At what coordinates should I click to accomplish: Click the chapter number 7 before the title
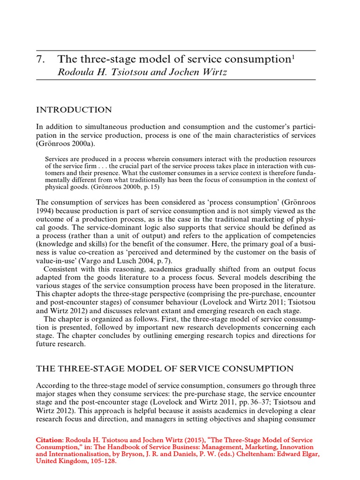point(40,60)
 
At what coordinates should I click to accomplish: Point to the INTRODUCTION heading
point(74,110)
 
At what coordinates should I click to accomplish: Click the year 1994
point(45,210)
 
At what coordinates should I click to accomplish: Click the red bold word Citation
point(49,441)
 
